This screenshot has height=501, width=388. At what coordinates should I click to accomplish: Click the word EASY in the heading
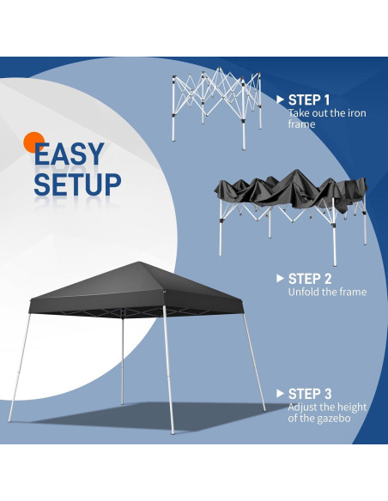pos(69,154)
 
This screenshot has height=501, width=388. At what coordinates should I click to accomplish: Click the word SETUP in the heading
pos(77,184)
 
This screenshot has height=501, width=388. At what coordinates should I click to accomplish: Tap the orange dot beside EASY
pos(33,142)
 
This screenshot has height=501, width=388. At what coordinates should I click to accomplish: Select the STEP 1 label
pos(309,100)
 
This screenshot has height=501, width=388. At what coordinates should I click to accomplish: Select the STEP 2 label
pos(310,278)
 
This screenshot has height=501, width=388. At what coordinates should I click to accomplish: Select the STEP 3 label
pos(310,393)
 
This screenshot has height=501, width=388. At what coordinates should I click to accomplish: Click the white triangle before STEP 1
pos(280,100)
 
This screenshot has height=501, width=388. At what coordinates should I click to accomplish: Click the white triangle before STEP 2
pos(280,278)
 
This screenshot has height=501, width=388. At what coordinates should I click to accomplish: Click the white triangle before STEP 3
pos(280,393)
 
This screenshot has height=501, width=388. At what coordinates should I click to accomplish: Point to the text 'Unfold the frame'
pos(327,292)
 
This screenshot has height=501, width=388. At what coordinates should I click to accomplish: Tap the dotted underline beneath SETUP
pos(77,202)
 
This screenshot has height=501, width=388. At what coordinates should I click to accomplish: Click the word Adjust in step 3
pos(305,407)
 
